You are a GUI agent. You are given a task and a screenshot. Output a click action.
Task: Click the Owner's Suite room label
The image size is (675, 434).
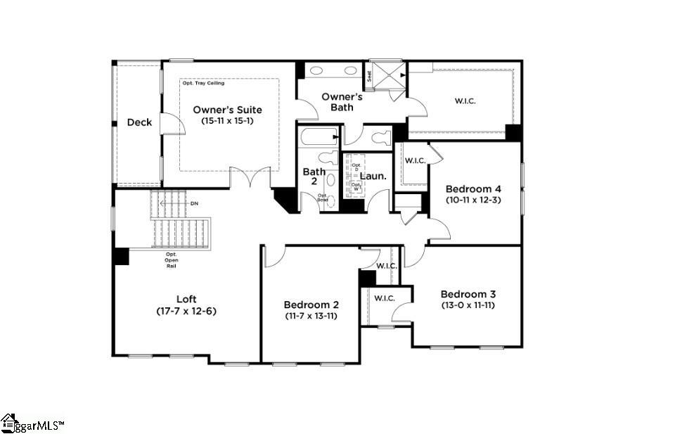pyautogui.click(x=228, y=110)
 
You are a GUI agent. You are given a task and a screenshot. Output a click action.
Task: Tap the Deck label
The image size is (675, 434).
pyautogui.click(x=139, y=122)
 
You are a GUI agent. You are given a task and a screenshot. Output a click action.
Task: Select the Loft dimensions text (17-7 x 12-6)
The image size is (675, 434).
pyautogui.click(x=186, y=310)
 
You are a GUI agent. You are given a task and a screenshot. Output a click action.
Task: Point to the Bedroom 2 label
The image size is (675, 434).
pyautogui.click(x=311, y=305)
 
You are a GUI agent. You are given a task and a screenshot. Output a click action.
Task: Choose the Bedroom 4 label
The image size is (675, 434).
pyautogui.click(x=473, y=189)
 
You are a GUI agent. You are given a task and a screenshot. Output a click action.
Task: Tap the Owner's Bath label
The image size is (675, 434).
pyautogui.click(x=342, y=101)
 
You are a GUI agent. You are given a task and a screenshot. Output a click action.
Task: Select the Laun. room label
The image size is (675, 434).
pyautogui.click(x=373, y=176)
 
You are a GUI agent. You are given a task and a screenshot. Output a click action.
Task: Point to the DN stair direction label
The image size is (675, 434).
pyautogui.click(x=195, y=203)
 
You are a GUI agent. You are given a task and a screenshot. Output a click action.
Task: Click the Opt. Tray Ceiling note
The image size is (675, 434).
pyautogui.click(x=204, y=83)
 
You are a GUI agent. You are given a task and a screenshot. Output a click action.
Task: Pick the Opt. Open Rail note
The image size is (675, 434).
pyautogui.click(x=172, y=260)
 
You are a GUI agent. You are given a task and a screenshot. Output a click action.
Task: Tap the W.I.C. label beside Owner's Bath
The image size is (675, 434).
pyautogui.click(x=465, y=101)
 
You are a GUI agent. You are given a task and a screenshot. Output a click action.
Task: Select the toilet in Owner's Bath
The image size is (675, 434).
pyautogui.click(x=380, y=136)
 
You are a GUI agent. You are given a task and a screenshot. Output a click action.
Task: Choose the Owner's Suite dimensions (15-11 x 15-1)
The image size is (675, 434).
pyautogui.click(x=228, y=121)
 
